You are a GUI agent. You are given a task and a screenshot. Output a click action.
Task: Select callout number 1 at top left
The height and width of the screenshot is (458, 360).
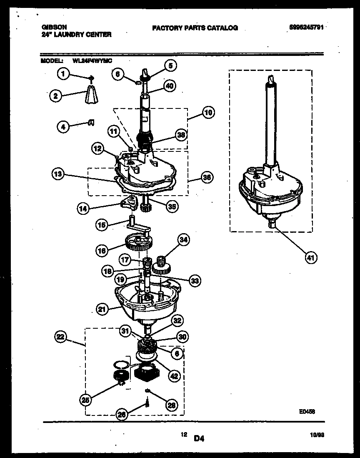(62, 74)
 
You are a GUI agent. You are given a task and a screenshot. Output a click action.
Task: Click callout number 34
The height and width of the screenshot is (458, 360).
(183, 239)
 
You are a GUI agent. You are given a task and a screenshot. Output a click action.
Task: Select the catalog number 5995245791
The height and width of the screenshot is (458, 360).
(306, 28)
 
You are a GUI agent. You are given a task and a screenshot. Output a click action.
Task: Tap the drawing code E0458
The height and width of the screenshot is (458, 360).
(306, 411)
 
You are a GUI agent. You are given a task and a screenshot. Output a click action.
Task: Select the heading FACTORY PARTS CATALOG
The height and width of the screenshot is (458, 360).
(195, 28)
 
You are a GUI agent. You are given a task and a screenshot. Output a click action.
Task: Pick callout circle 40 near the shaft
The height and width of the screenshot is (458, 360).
(169, 86)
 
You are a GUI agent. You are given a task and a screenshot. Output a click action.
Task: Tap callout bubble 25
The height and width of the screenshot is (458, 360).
(85, 400)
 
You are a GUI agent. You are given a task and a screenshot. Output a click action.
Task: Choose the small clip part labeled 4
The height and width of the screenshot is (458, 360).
(91, 122)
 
